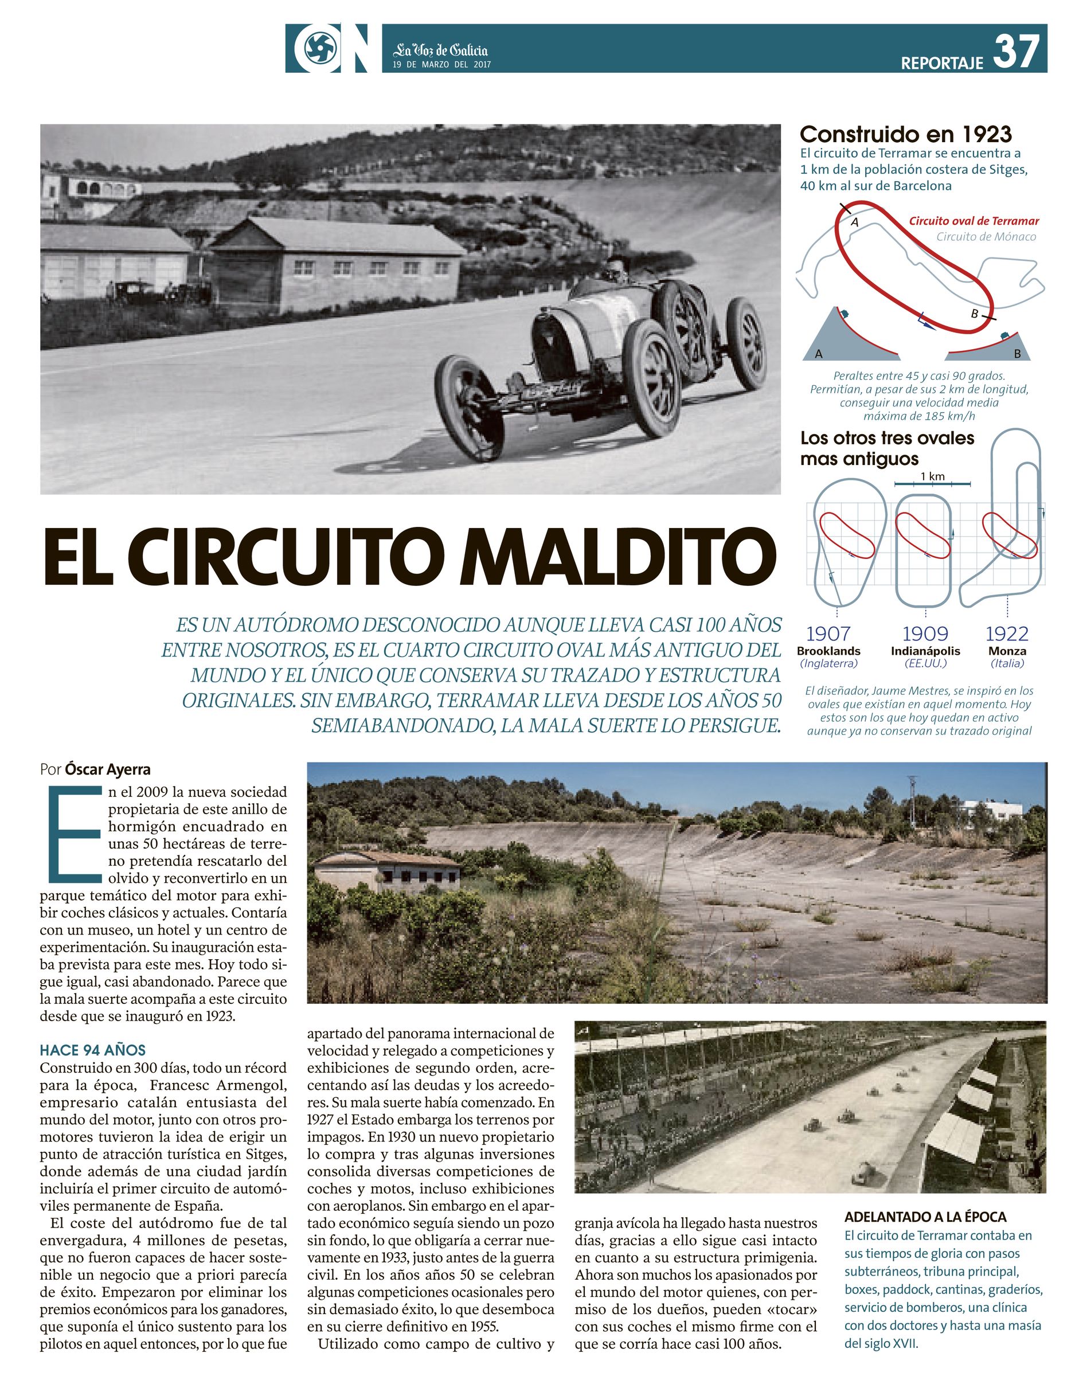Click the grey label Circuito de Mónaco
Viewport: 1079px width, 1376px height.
pos(986,237)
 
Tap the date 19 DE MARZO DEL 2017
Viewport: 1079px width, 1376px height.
pos(441,64)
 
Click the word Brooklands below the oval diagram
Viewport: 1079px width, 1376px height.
pos(828,651)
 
